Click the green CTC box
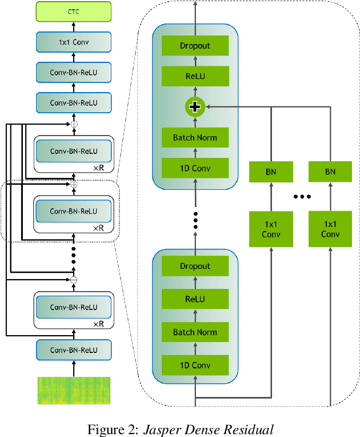point(73,11)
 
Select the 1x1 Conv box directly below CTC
point(73,42)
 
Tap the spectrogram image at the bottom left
point(73,391)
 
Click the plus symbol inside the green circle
point(195,106)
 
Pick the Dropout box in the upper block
point(195,46)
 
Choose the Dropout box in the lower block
point(195,266)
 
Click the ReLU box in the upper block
point(195,76)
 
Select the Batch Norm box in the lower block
point(195,332)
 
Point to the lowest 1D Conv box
point(195,365)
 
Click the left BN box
point(271,171)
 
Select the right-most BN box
point(330,171)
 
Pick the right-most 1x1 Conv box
point(330,229)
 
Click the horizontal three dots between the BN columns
point(301,197)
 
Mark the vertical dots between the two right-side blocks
point(195,220)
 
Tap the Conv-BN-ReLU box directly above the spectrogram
point(73,349)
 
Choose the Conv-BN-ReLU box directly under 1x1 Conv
point(73,72)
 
